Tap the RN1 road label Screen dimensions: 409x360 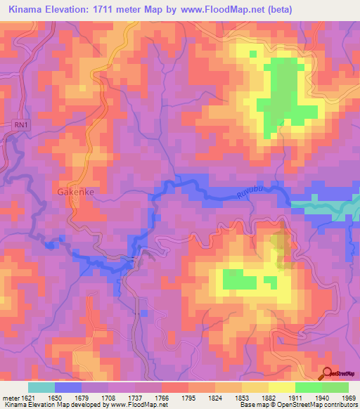click(x=21, y=124)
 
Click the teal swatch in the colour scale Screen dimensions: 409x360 click(x=41, y=387)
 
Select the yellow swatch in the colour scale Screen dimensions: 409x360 click(x=282, y=387)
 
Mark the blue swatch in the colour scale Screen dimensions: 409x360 click(x=68, y=387)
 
